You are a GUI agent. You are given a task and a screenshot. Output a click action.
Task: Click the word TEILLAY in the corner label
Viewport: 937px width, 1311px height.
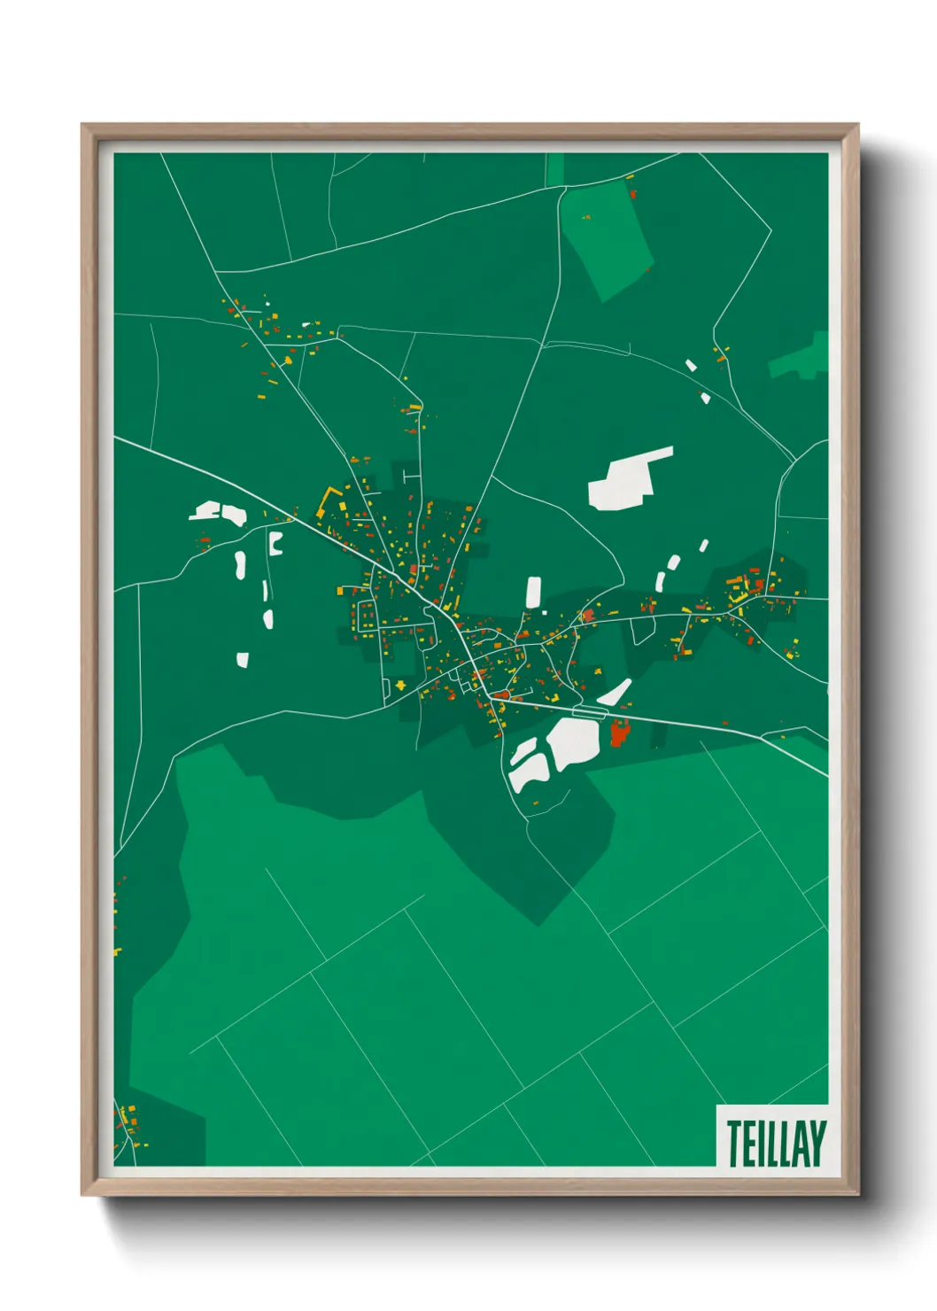click(776, 1143)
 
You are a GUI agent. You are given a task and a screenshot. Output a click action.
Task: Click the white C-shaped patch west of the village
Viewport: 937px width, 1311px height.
click(275, 543)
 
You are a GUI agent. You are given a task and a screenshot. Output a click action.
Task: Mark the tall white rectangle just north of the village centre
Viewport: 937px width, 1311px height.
click(533, 592)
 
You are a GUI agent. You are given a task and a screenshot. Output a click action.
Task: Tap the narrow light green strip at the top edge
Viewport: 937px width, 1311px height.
click(554, 169)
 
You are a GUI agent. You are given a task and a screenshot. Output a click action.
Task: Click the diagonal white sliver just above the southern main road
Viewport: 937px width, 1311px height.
click(615, 692)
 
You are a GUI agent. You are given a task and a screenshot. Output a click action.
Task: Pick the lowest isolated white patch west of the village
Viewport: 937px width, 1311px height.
click(243, 659)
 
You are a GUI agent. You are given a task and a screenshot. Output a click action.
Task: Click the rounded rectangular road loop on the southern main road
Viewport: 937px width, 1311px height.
click(588, 711)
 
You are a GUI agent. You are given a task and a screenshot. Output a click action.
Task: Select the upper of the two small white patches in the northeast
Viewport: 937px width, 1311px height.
click(691, 365)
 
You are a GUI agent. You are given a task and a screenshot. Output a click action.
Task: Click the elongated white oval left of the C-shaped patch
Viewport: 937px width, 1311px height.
click(239, 563)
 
